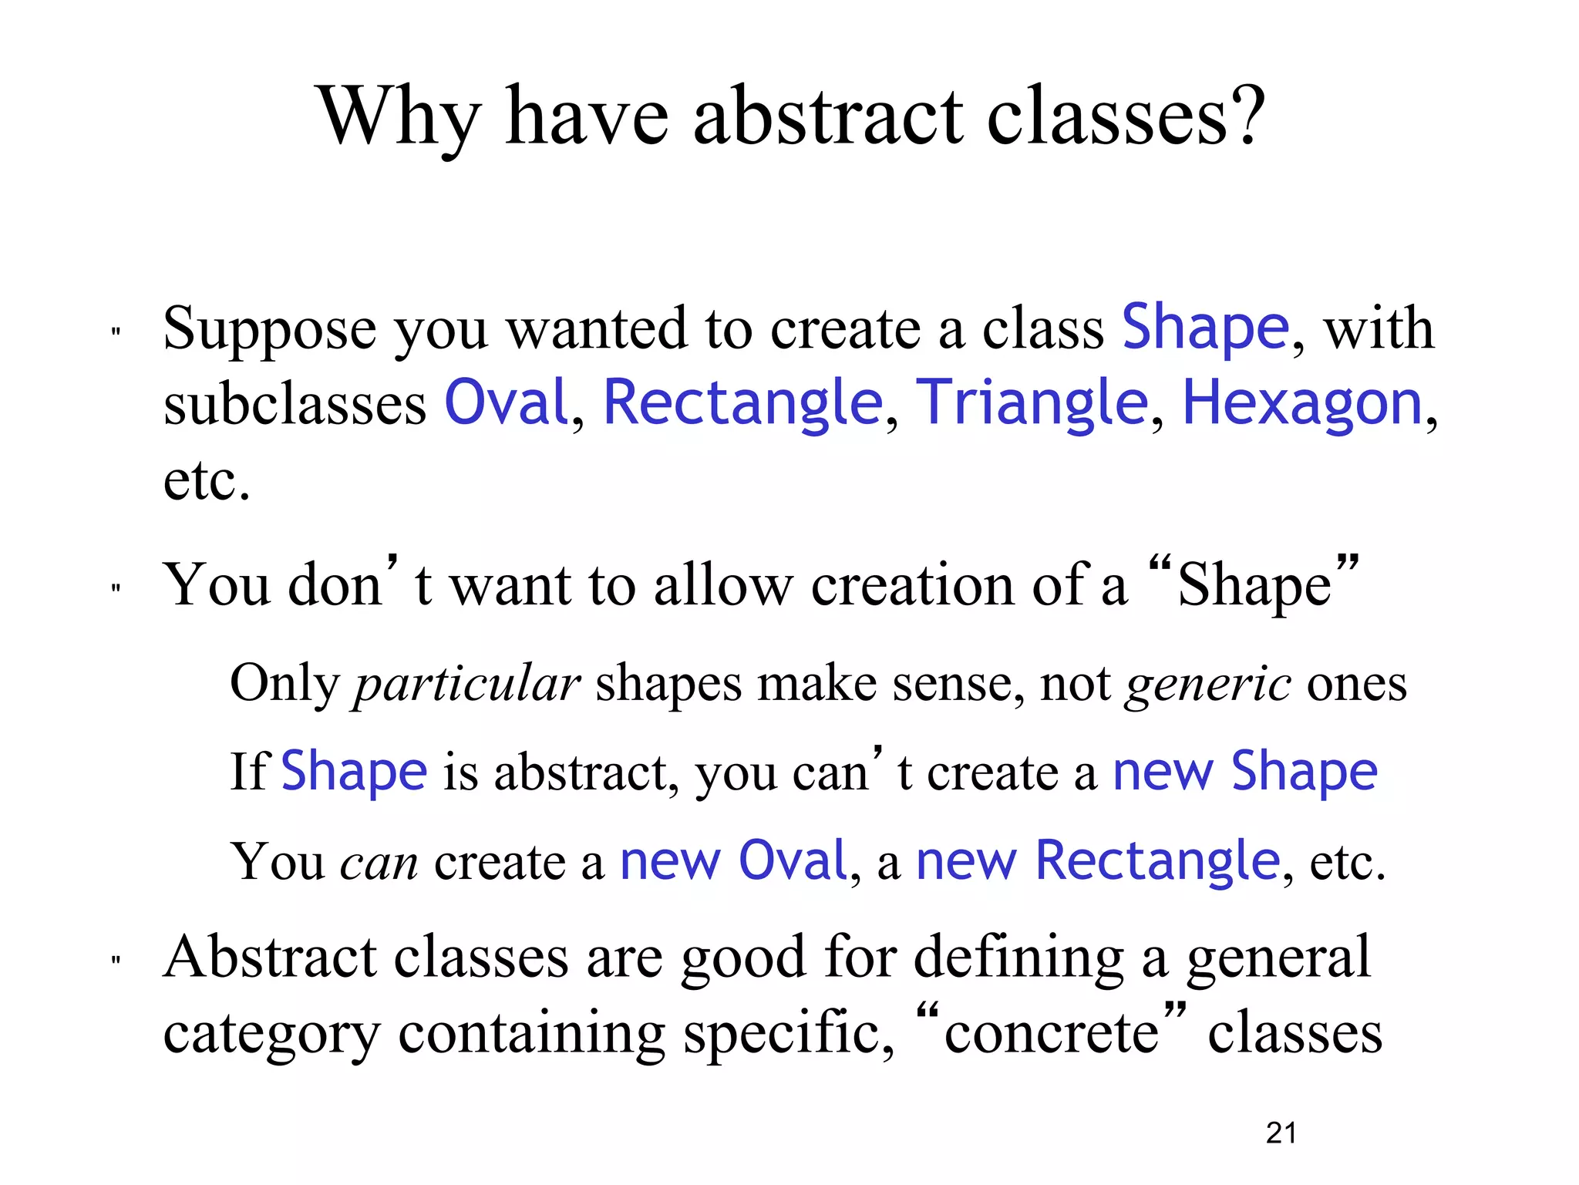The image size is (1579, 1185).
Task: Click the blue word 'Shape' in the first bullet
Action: (1205, 328)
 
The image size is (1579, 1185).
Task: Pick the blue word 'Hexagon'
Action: (1302, 403)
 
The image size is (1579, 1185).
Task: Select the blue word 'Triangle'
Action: (1031, 403)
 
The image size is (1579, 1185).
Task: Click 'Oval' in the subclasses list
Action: (507, 403)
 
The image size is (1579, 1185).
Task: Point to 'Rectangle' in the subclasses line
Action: (742, 403)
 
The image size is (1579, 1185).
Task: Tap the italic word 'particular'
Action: (466, 683)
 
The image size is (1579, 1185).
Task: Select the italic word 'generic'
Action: (1207, 683)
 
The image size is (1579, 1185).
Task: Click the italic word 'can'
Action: (379, 861)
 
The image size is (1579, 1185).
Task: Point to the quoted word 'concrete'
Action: (1052, 1033)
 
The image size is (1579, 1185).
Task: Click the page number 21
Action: (1281, 1133)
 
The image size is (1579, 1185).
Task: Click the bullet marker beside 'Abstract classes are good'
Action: (116, 961)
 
